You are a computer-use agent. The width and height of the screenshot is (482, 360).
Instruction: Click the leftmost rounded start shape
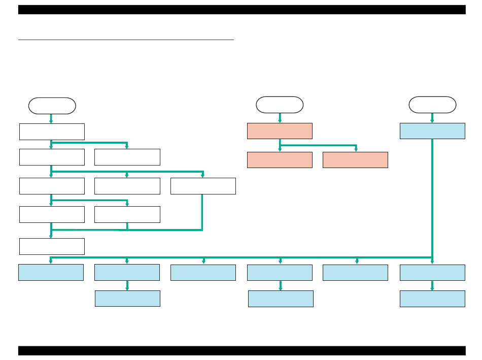tap(52, 106)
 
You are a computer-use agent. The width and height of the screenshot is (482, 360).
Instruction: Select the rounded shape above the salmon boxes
tap(280, 105)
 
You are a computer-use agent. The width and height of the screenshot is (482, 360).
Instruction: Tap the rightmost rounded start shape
tap(432, 105)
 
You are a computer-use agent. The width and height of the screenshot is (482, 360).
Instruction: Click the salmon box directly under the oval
tap(280, 130)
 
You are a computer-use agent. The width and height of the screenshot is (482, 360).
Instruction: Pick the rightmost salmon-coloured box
tap(355, 159)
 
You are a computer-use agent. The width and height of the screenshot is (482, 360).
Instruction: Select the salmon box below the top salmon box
tap(280, 159)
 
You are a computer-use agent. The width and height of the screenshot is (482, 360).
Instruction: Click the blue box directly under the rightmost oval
tap(432, 130)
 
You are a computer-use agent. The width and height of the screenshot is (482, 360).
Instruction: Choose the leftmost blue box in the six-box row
tap(51, 272)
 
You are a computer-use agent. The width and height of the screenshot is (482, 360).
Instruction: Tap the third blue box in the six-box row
tap(203, 272)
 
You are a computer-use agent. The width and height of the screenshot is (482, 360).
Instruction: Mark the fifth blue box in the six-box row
tap(355, 272)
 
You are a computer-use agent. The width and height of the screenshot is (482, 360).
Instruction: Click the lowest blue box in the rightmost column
tap(432, 299)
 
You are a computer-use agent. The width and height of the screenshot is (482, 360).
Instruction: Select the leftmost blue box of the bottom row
tap(127, 299)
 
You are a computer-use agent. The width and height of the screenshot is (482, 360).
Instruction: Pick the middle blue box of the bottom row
tap(281, 299)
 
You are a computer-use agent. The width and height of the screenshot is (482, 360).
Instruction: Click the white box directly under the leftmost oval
tap(52, 132)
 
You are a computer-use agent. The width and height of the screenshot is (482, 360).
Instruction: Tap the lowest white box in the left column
tap(52, 246)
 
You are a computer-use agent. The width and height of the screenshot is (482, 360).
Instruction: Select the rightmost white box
tap(203, 186)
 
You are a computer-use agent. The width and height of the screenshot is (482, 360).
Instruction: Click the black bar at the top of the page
tap(242, 10)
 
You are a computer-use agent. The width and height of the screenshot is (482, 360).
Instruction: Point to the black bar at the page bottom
tap(242, 351)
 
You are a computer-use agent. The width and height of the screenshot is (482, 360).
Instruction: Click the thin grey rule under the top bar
tap(126, 39)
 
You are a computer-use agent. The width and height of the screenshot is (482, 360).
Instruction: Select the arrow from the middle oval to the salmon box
tap(280, 118)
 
